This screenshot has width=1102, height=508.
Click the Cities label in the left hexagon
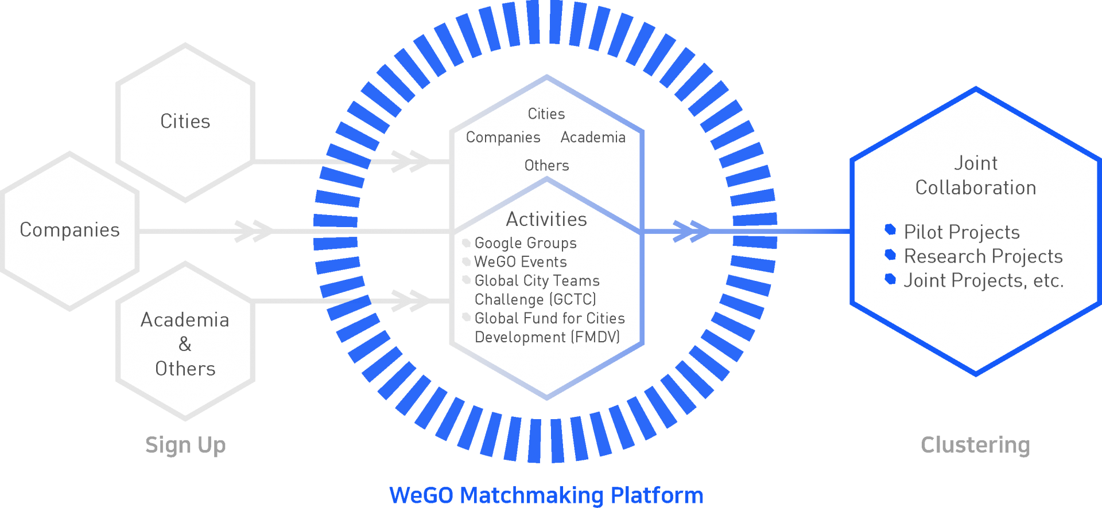(x=185, y=122)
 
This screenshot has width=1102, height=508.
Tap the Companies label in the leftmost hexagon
(x=69, y=230)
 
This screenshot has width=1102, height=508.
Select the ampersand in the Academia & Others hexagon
(x=185, y=344)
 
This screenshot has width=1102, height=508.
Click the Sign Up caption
(x=185, y=445)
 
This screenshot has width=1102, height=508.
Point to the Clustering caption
(x=975, y=445)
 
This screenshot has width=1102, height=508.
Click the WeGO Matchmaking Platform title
(x=546, y=495)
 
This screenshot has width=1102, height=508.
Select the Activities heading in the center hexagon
(x=546, y=219)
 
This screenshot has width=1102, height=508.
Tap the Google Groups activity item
(x=525, y=243)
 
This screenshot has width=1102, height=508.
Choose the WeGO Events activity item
(x=521, y=262)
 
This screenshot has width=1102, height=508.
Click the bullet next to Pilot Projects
(x=890, y=229)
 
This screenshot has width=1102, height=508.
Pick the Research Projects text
(x=983, y=256)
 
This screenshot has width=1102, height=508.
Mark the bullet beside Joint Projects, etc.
(x=890, y=279)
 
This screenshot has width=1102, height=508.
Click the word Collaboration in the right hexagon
(x=976, y=187)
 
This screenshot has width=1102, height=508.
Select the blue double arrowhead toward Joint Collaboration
(x=691, y=231)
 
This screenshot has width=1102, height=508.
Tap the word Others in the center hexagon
(x=546, y=166)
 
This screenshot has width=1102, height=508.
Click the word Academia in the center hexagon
(x=593, y=138)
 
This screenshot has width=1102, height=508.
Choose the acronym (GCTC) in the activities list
(x=573, y=299)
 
